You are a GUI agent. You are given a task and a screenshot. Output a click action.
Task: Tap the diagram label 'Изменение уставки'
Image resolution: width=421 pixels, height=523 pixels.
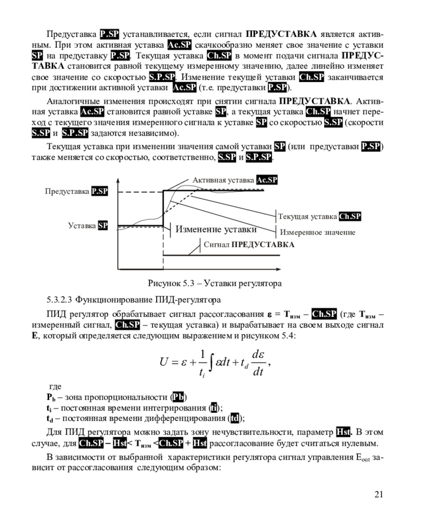(216, 229)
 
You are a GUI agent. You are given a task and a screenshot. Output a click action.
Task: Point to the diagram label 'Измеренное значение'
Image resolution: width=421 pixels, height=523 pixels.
(317, 232)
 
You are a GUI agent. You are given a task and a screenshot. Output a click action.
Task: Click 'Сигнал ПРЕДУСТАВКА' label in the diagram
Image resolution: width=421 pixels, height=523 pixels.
(249, 244)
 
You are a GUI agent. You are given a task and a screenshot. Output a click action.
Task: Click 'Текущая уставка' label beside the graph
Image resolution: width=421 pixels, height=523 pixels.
(308, 216)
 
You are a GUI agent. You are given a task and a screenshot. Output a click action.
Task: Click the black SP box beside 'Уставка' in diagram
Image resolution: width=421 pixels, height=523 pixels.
(103, 226)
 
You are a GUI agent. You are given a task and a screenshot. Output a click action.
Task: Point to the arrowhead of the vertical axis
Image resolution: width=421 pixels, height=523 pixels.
(117, 180)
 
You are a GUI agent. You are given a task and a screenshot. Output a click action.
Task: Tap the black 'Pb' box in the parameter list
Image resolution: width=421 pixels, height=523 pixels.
(178, 398)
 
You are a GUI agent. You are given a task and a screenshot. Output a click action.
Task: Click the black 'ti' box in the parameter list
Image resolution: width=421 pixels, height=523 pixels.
(213, 408)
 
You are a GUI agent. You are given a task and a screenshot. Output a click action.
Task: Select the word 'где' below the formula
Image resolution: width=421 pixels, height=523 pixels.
(55, 387)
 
